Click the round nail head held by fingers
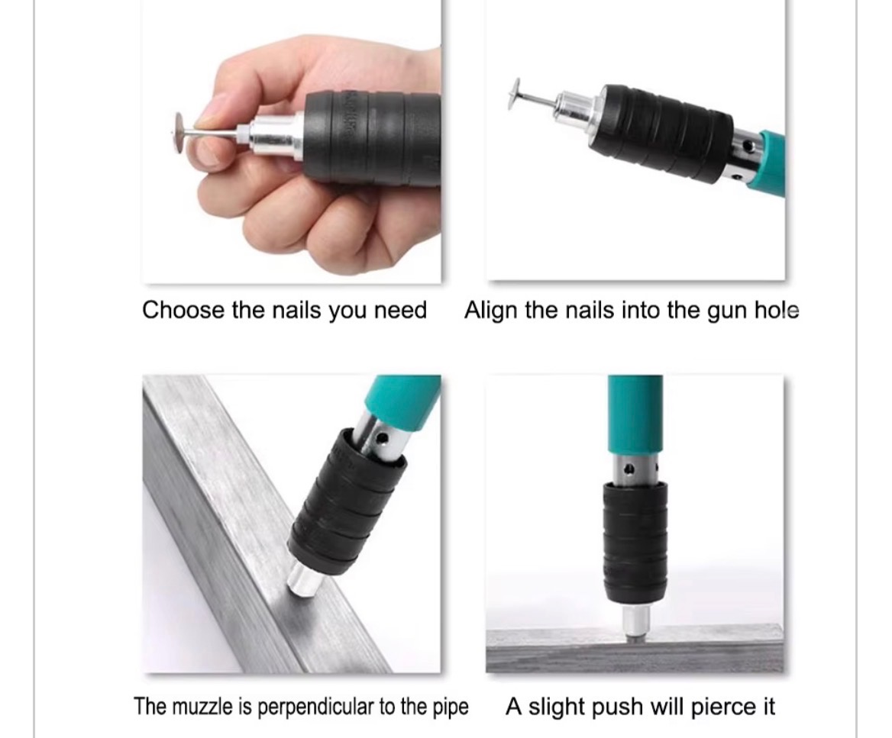[x=179, y=133]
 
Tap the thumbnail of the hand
[x=205, y=120]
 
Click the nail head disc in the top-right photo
[x=515, y=95]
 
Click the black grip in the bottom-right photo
[x=635, y=543]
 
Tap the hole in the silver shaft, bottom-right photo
[x=629, y=469]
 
